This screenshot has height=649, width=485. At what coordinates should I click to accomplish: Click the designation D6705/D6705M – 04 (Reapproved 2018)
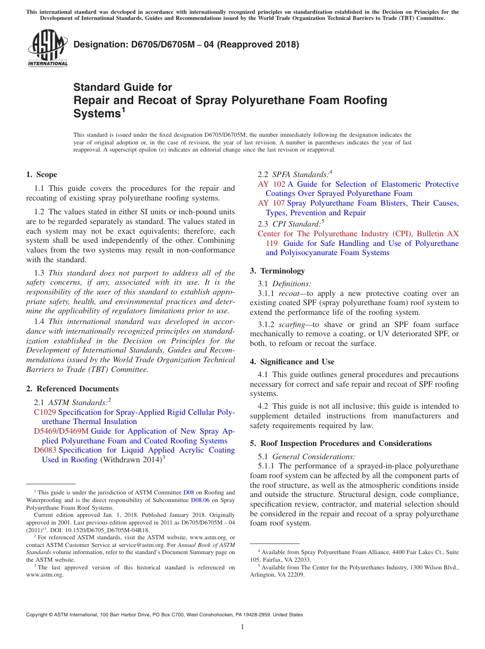pyautogui.click(x=186, y=45)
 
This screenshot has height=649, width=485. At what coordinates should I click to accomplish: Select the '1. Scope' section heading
pyautogui.click(x=42, y=174)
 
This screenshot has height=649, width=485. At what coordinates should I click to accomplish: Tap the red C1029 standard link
pyautogui.click(x=45, y=412)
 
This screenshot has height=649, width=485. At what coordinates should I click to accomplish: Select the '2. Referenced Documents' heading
pyautogui.click(x=72, y=389)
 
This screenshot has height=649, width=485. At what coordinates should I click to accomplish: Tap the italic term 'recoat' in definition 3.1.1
pyautogui.click(x=292, y=293)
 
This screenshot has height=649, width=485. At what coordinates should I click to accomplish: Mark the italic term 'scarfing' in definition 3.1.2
pyautogui.click(x=295, y=324)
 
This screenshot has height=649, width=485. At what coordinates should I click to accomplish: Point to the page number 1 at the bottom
pyautogui.click(x=243, y=627)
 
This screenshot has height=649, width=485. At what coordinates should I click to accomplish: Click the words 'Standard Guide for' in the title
pyautogui.click(x=123, y=87)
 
